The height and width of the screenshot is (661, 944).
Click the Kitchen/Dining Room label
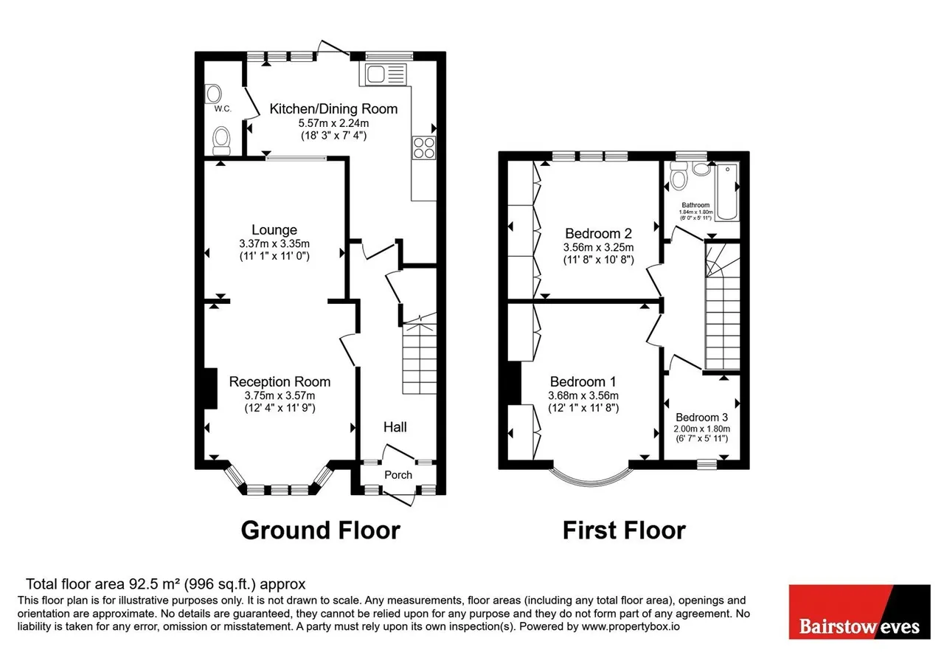[x=333, y=108]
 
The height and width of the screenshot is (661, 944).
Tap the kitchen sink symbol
[x=383, y=75]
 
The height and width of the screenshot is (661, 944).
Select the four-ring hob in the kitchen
[x=423, y=148]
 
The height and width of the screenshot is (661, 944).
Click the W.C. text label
[x=223, y=108]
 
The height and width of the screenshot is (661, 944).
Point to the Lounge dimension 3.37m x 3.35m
[x=274, y=243]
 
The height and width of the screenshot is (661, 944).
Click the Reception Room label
[x=280, y=381]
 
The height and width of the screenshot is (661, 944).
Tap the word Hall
[x=395, y=427]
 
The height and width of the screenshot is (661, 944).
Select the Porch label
[x=398, y=475]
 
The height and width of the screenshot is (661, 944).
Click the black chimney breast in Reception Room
[x=211, y=388]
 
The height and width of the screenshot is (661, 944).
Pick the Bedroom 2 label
[x=598, y=233]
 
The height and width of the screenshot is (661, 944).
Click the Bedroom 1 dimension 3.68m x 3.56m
[x=583, y=395]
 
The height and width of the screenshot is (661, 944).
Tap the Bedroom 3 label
[x=701, y=418]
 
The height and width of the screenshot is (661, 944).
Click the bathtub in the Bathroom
[x=727, y=192]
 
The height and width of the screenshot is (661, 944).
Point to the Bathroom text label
[x=695, y=205]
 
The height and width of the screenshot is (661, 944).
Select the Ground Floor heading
[x=320, y=530]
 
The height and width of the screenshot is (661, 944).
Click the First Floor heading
[x=624, y=530]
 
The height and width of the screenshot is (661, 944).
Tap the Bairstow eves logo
[x=860, y=612]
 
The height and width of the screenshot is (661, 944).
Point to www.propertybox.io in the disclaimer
[x=631, y=626]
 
